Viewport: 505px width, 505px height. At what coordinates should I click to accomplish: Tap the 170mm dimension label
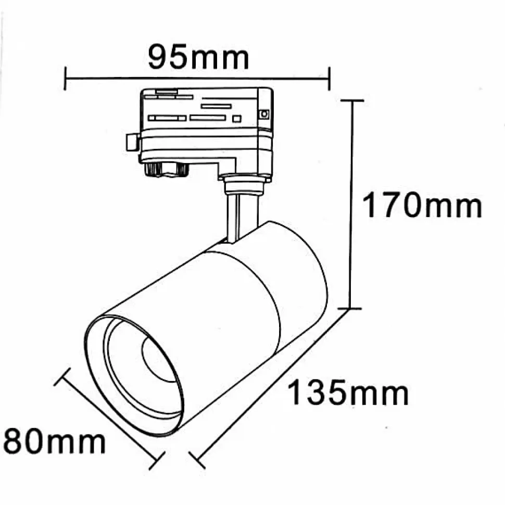tap(422, 205)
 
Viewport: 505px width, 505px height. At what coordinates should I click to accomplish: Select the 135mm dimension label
tap(348, 393)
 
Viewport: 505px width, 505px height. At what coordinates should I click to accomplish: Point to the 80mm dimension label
tap(54, 441)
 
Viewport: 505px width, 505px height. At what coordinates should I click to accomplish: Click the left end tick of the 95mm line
tap(65, 78)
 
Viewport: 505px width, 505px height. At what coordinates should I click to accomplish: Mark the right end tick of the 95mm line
tap(329, 79)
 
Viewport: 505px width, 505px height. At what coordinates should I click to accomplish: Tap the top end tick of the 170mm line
tap(352, 101)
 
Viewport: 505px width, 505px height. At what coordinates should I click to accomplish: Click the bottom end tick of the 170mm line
tap(350, 308)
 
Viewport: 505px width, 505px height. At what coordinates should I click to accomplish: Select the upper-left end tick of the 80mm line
tap(62, 377)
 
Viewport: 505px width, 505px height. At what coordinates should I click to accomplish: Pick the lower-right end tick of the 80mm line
tap(157, 461)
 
